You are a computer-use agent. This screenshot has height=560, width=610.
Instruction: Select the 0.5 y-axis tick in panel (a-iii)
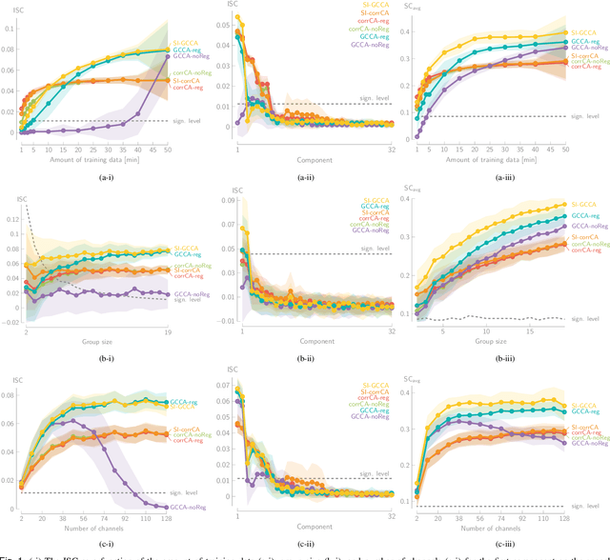coord(403,6)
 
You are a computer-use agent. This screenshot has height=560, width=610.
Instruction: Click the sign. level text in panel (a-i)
coord(179,121)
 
